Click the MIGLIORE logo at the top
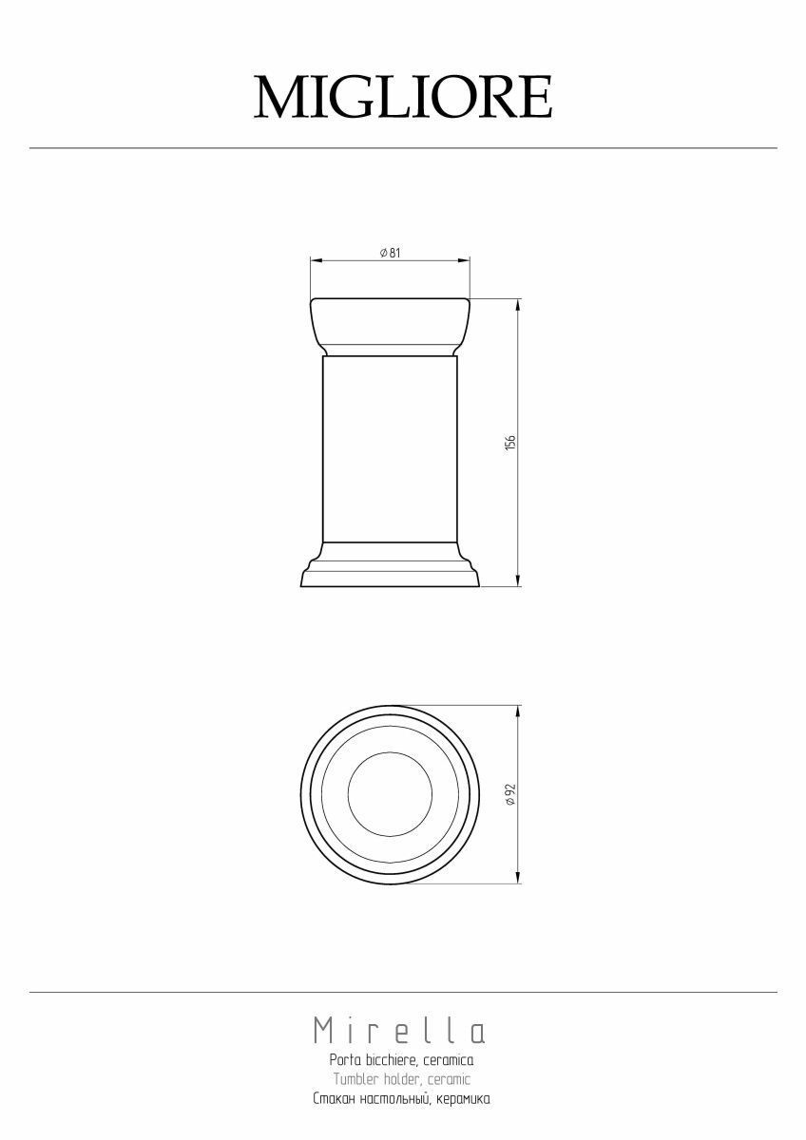403,97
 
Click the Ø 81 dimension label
391,253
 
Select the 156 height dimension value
510,442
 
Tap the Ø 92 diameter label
510,794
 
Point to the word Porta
346,1059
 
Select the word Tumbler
355,1078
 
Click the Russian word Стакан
334,1098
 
